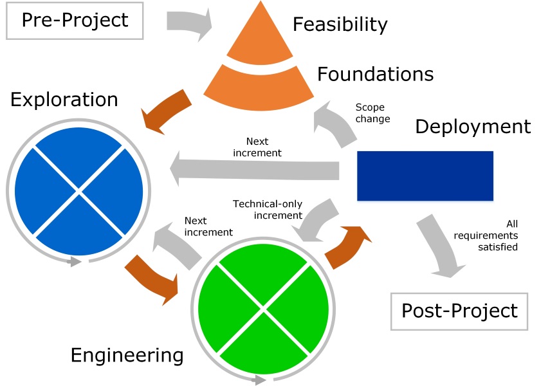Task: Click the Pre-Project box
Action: point(75,21)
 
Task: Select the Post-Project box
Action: point(459,311)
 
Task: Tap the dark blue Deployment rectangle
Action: point(425,176)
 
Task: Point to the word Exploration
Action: point(64,100)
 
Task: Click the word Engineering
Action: point(127,355)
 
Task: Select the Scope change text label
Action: point(372,113)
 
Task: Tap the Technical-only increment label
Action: point(267,210)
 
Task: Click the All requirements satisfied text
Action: point(495,235)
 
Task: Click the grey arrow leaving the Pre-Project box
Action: point(188,22)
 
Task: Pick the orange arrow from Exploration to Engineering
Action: point(153,277)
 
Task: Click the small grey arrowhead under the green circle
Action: point(259,380)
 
